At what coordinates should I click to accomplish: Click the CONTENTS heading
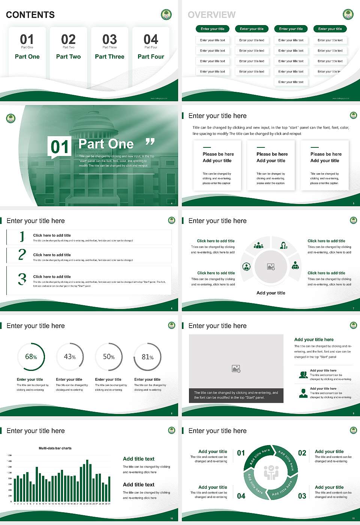(30, 15)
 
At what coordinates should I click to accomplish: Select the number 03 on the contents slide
(109, 39)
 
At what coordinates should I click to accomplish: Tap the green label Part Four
(151, 57)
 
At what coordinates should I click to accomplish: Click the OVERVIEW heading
(211, 15)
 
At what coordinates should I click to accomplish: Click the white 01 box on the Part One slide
(60, 147)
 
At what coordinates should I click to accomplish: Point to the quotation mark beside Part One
(150, 142)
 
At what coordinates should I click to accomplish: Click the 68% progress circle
(31, 357)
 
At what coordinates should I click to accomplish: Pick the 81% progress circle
(148, 357)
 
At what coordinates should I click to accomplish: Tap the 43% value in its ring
(70, 357)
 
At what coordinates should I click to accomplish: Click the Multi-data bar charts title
(55, 448)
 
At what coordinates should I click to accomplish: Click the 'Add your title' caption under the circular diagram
(271, 293)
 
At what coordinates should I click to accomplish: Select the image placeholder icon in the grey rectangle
(236, 369)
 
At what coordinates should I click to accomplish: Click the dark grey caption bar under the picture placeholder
(236, 395)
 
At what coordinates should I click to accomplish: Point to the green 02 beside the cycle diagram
(302, 453)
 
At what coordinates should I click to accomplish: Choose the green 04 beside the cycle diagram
(241, 496)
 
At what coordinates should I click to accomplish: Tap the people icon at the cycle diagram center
(271, 473)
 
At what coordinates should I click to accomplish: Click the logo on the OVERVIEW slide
(348, 15)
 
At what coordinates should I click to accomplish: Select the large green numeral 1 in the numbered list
(22, 237)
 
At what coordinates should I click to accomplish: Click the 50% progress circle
(109, 357)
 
